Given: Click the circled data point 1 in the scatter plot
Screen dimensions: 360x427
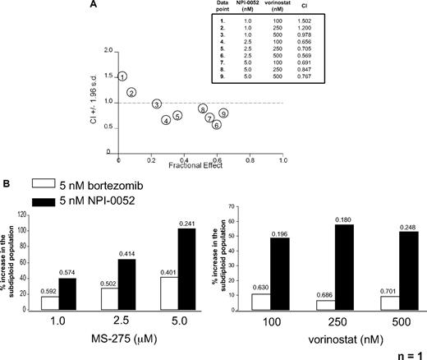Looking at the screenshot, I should (122, 76).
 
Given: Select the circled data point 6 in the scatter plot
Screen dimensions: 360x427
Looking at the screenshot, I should (216, 125).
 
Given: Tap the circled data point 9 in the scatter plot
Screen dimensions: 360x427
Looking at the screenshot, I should (223, 113).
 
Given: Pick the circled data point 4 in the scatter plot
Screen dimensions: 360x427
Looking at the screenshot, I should (167, 121).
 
